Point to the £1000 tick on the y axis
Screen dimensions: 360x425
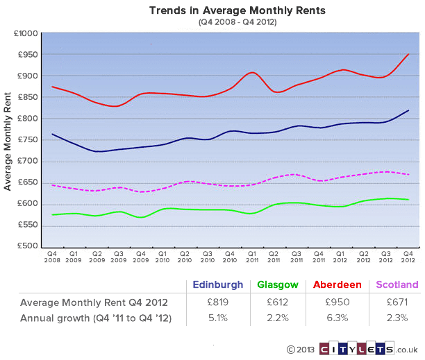(x=26, y=33)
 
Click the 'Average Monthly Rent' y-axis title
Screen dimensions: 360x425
(x=8, y=139)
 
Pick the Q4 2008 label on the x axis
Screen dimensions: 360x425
(x=51, y=257)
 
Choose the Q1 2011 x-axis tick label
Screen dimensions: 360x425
(x=251, y=257)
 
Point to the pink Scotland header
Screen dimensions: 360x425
(x=397, y=284)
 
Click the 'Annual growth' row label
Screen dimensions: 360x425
(x=95, y=318)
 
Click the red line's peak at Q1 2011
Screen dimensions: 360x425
(x=251, y=72)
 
